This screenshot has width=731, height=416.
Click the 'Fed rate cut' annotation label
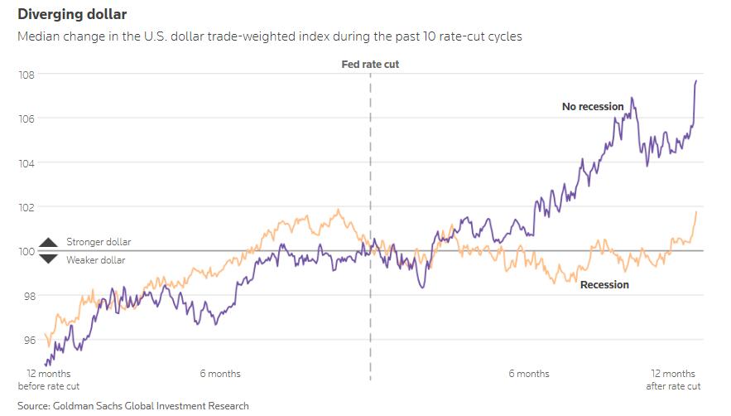370,64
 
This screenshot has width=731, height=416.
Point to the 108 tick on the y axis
26,75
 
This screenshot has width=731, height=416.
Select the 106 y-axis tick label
26,119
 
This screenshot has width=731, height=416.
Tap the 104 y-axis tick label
26,163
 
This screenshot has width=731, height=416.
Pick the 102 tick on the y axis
26,207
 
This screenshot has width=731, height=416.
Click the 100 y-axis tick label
26,251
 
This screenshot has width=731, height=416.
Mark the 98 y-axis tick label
26,296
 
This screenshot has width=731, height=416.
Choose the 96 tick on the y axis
26,340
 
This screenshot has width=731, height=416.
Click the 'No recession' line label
593,107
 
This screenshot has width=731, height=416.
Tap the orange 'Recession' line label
604,285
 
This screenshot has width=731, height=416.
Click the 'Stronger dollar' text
99,242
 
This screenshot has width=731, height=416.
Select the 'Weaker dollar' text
96,260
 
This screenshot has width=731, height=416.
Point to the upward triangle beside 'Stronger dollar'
49,242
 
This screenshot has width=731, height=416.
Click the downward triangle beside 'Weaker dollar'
49,259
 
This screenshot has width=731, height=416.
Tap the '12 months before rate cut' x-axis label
48,380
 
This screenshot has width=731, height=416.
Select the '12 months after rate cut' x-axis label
672,380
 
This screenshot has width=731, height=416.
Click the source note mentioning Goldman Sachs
132,406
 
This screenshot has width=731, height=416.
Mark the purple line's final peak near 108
695,80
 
